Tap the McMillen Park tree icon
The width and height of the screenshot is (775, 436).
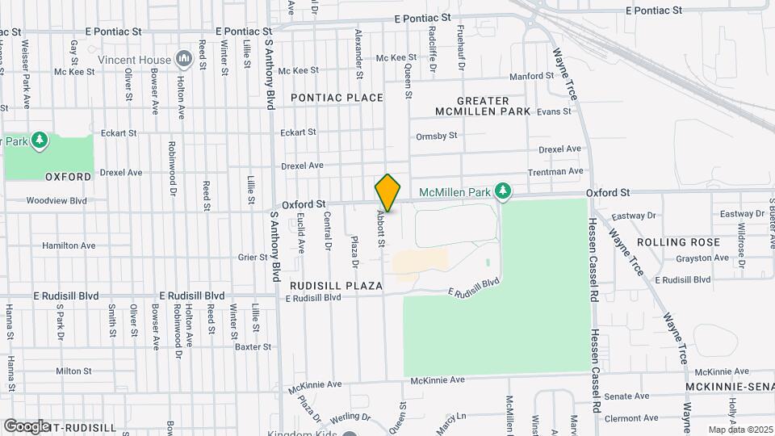(504, 191)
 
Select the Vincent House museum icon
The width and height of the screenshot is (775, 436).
(183, 59)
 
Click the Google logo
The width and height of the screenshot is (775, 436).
(27, 426)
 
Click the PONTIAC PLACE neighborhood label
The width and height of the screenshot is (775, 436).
(337, 98)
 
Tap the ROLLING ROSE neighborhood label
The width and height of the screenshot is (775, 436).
(678, 242)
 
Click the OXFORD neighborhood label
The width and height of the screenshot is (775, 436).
(68, 176)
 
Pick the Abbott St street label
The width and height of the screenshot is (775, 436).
(379, 229)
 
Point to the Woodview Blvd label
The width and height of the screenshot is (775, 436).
(57, 200)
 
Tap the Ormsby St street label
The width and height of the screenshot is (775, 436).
(436, 136)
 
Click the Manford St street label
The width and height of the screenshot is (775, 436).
(531, 77)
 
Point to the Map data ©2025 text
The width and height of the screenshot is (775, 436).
(739, 430)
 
